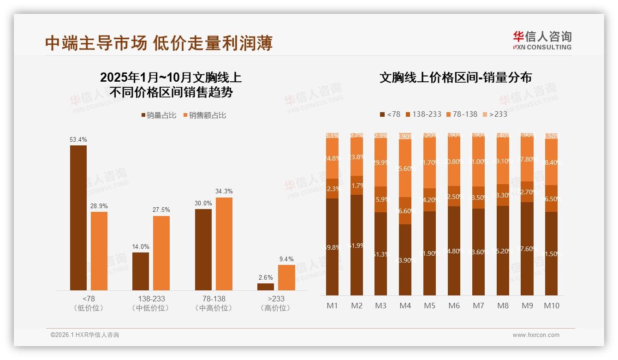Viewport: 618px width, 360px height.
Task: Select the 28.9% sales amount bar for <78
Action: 99,251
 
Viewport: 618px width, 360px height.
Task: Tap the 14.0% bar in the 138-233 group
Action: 141,271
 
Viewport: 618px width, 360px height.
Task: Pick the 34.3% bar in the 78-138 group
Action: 224,244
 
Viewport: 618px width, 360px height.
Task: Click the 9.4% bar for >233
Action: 286,277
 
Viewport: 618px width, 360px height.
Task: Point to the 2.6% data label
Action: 266,277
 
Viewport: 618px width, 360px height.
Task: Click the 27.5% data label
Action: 161,210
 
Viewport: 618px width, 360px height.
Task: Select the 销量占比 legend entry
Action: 158,115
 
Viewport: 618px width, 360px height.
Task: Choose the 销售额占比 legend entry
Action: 204,115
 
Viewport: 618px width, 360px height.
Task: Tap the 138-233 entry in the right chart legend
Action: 422,114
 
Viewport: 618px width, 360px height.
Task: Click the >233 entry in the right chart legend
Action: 494,114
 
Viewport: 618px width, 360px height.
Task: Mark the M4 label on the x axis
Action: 405,306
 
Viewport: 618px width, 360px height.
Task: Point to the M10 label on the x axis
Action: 551,306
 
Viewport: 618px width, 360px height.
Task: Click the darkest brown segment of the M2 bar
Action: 357,245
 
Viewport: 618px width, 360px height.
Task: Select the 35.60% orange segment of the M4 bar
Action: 405,168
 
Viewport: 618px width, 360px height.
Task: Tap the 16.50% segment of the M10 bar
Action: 551,198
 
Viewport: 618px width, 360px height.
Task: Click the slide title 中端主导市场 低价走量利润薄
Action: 159,43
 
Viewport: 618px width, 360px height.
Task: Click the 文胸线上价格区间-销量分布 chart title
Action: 455,78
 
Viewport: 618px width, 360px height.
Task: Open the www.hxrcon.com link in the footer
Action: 536,335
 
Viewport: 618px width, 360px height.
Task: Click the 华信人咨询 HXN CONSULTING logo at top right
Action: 542,40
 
